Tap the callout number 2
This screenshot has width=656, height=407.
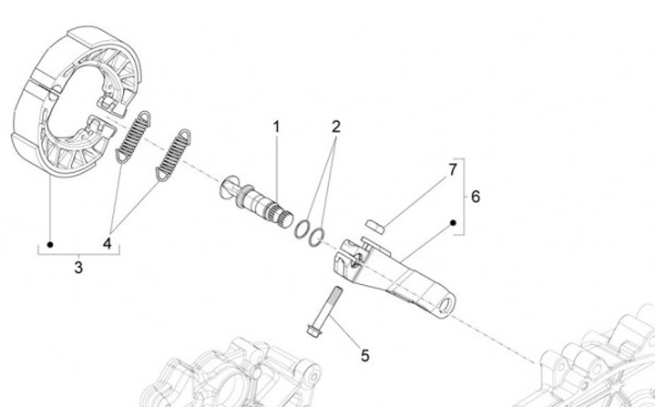[335, 127]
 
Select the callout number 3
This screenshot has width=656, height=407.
[78, 268]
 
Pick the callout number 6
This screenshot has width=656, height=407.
[475, 196]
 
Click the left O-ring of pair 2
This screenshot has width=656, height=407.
[302, 231]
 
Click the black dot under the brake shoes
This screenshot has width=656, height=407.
[51, 244]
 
